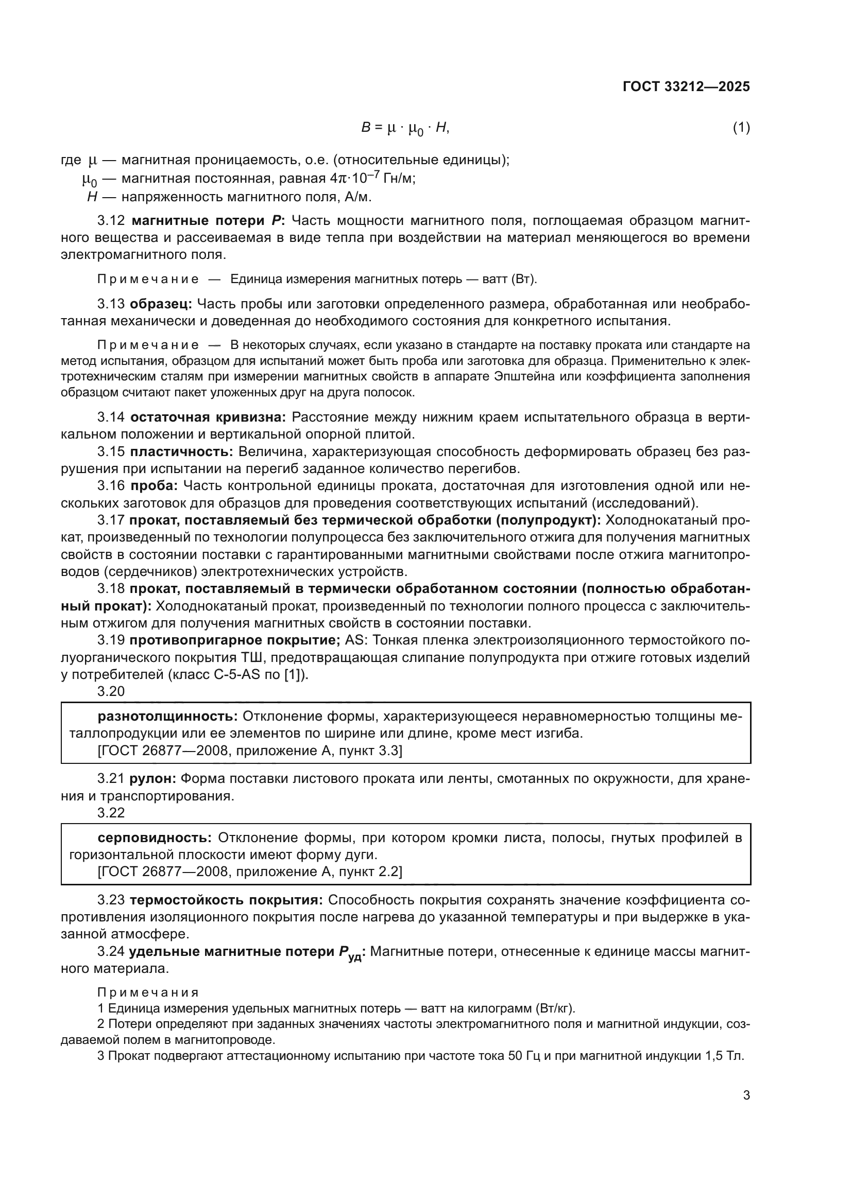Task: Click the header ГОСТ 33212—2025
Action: coord(686,87)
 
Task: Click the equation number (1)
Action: coord(741,128)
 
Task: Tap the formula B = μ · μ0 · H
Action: coord(405,128)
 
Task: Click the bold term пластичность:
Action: coord(181,451)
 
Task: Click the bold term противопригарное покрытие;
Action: coord(235,640)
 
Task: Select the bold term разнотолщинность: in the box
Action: coord(168,717)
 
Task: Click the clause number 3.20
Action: coord(111,692)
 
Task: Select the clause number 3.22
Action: coord(111,813)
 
